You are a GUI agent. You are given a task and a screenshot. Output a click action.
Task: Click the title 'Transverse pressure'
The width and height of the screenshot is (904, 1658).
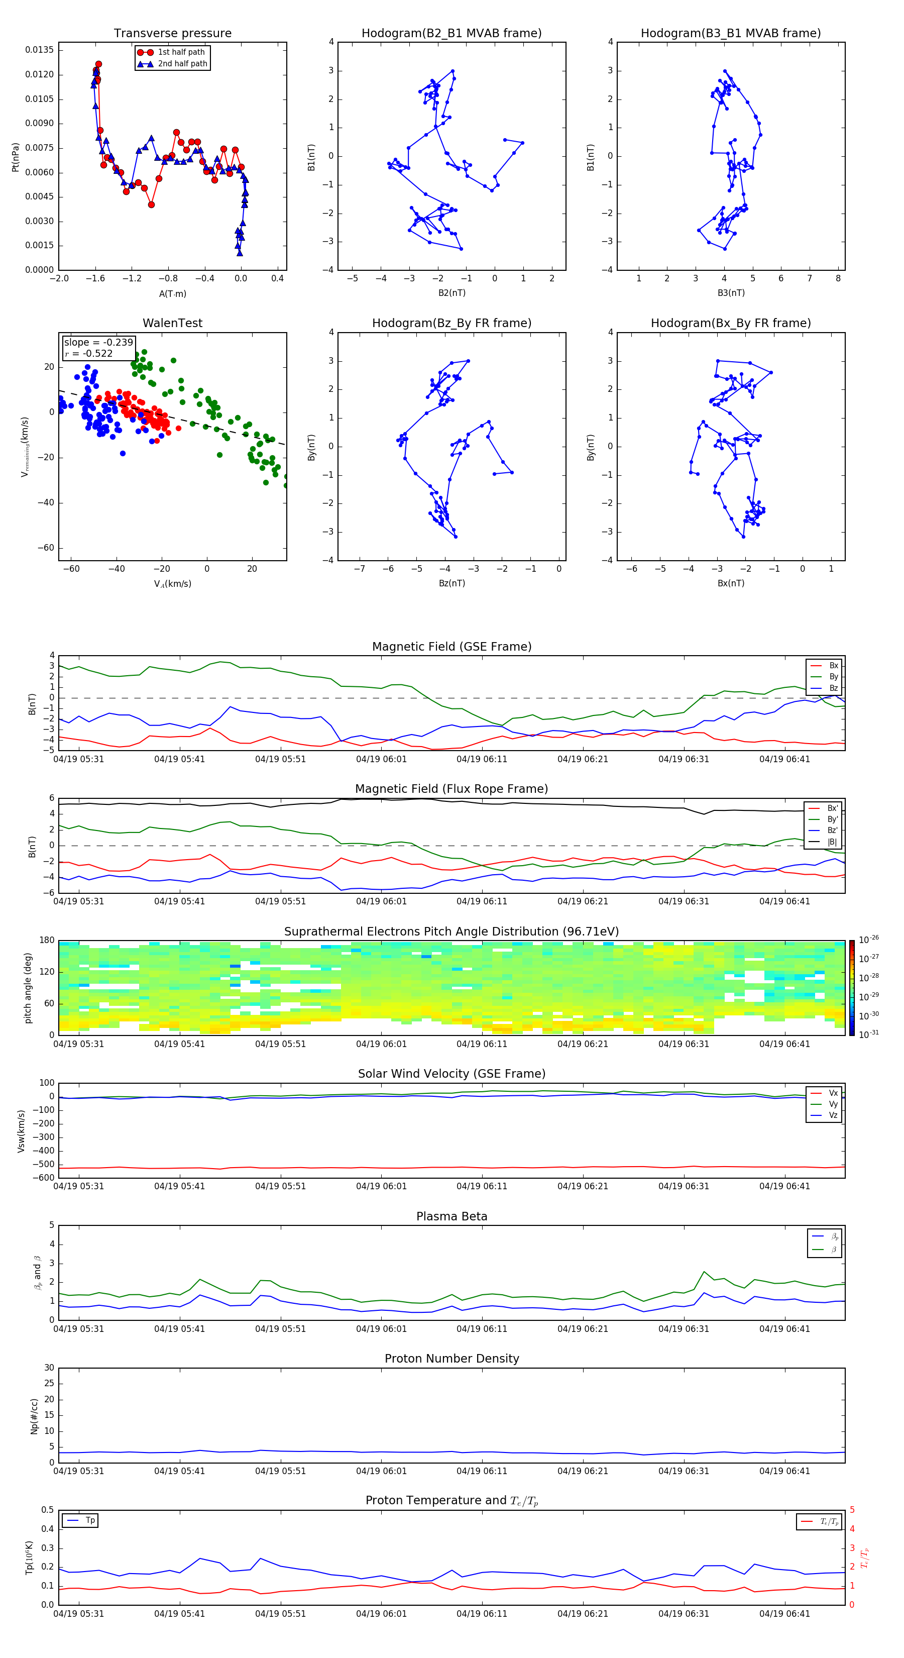tap(172, 34)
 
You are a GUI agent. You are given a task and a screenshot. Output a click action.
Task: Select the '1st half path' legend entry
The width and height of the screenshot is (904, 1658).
tap(181, 52)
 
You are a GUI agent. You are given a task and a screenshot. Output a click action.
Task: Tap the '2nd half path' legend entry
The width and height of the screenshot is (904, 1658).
tap(182, 64)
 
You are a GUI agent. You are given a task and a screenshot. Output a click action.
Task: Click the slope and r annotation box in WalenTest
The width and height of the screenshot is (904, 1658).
tap(98, 348)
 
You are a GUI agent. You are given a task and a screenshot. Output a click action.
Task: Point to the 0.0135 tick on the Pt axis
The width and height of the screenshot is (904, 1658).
tap(40, 50)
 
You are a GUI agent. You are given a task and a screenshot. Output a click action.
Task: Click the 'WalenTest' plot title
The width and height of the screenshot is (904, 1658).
tap(172, 323)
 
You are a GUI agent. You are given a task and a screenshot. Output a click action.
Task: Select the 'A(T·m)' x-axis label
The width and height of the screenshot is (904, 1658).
tap(172, 293)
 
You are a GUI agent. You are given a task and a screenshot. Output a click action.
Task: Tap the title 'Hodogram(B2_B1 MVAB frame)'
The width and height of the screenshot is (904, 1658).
tap(451, 34)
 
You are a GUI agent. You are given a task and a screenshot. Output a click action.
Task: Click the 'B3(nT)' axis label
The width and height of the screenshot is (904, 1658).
tap(731, 293)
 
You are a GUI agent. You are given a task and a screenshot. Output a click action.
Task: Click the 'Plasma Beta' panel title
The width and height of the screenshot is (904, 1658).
tap(451, 1216)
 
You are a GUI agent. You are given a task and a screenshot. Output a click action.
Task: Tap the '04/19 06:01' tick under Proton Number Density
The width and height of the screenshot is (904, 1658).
tap(381, 1471)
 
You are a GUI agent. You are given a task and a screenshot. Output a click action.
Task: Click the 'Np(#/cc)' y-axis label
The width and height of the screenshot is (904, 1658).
tap(34, 1416)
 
